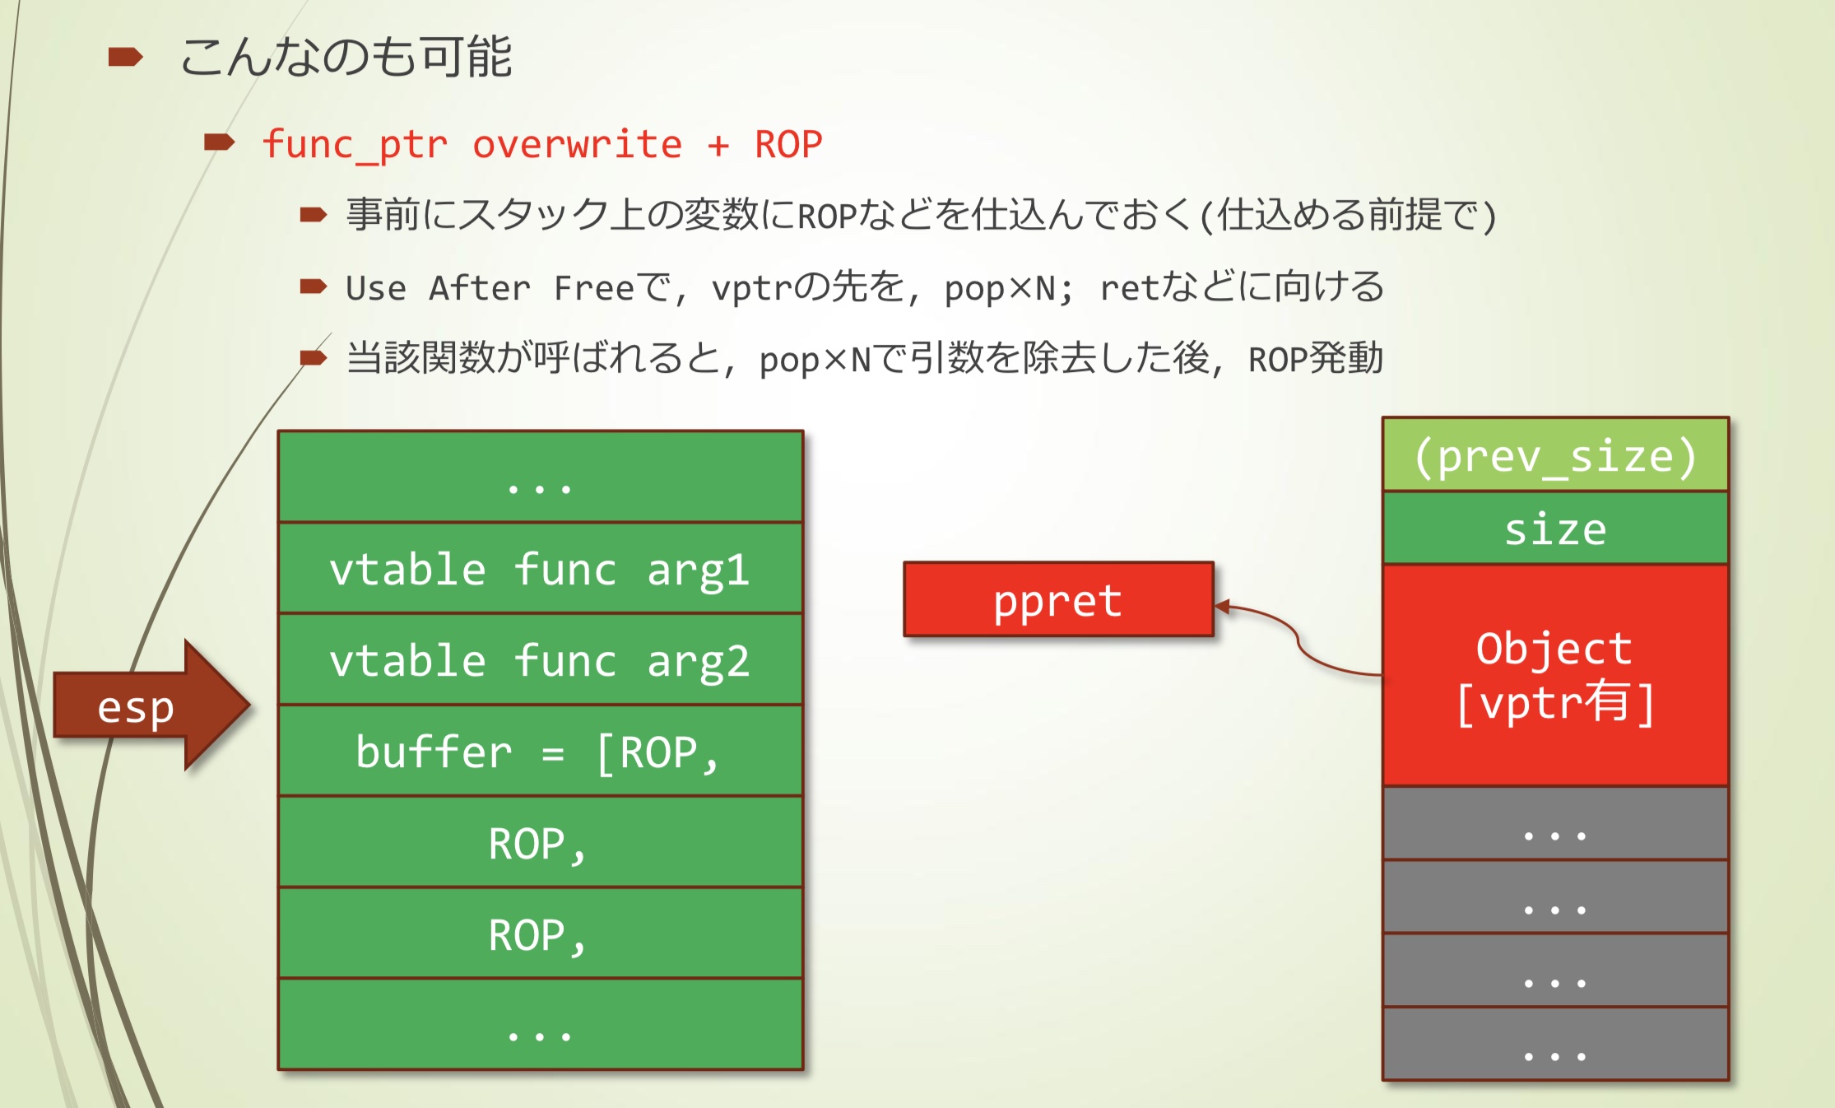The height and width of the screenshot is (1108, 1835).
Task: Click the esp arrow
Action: click(148, 706)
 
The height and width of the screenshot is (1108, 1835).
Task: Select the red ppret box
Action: click(1058, 599)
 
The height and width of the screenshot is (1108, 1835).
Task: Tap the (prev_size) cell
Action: click(1555, 455)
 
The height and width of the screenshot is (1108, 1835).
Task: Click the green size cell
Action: click(1555, 528)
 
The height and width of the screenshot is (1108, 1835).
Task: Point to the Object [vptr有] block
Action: click(1555, 675)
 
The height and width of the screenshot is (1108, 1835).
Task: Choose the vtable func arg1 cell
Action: click(540, 568)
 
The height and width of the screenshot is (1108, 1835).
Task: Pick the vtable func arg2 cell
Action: click(540, 659)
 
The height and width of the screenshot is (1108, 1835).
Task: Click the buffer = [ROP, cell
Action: click(540, 751)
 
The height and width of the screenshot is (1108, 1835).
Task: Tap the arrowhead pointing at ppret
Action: click(1223, 607)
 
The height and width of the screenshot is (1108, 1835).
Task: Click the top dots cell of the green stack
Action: click(540, 477)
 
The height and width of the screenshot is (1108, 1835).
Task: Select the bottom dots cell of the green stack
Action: click(540, 1025)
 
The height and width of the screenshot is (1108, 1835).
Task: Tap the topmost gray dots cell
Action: click(1555, 824)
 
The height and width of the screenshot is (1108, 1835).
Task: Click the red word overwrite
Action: click(577, 145)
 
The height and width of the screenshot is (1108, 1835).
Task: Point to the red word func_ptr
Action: click(355, 145)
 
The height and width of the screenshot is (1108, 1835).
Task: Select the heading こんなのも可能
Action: click(346, 58)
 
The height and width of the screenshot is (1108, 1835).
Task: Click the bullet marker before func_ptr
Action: click(219, 143)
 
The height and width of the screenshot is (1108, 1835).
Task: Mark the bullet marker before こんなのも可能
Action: click(125, 57)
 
